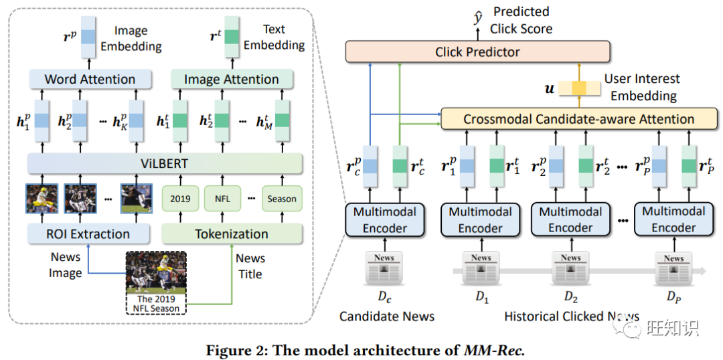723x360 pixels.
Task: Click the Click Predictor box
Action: point(477,52)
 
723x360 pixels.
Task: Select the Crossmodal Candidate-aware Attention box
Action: point(579,119)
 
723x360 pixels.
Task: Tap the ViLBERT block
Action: point(165,163)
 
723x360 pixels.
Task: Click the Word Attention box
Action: point(90,79)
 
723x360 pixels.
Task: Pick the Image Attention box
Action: point(232,79)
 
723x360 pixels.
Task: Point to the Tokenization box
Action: point(232,234)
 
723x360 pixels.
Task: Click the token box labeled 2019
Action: point(180,199)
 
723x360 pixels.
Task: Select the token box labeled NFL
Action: point(222,199)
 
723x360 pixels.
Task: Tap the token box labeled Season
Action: point(282,199)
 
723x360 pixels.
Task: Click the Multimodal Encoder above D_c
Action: point(385,219)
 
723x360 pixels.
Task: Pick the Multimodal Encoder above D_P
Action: point(673,219)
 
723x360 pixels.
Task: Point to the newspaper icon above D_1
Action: point(481,269)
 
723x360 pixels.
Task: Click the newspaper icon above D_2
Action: point(571,269)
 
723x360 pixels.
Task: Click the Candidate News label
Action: point(387,316)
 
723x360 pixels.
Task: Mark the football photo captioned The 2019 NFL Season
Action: point(156,272)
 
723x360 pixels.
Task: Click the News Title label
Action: point(250,266)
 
